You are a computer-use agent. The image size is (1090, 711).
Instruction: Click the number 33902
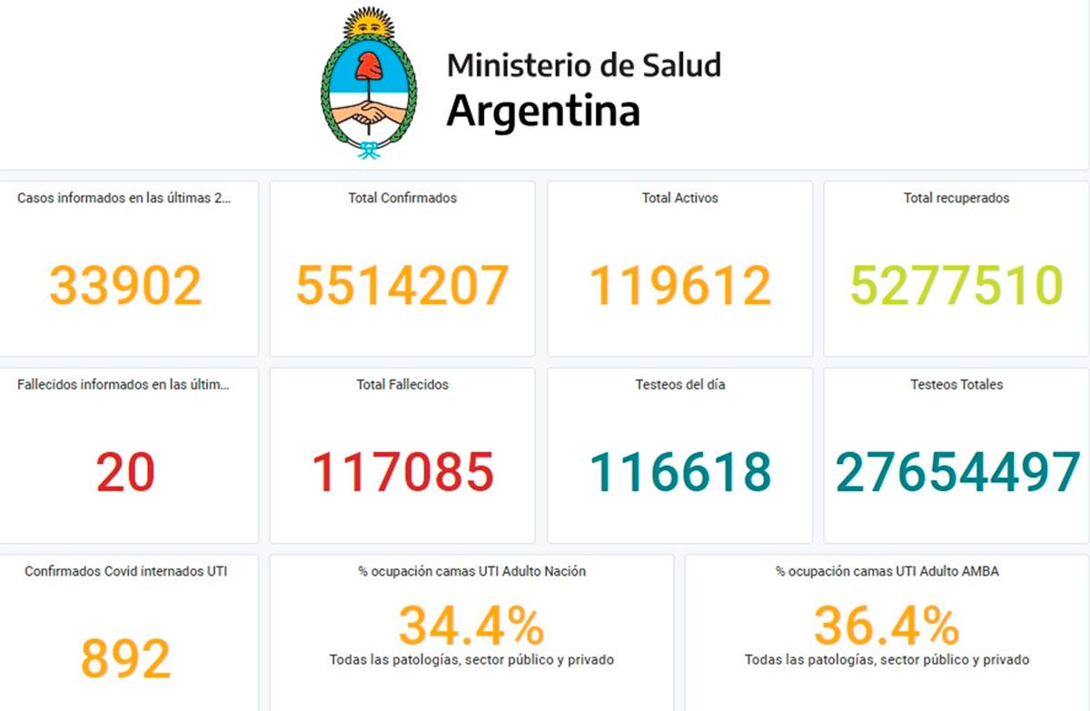[125, 285]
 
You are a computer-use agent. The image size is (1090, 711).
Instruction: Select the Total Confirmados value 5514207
[402, 285]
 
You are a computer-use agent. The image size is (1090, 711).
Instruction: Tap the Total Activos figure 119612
[680, 285]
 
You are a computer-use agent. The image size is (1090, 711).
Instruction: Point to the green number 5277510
[956, 285]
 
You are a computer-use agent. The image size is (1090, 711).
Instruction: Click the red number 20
[125, 472]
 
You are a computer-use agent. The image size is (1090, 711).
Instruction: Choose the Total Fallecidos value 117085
[402, 472]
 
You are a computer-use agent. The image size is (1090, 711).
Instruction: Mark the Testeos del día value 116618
[680, 472]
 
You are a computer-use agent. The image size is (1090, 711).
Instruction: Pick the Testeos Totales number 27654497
[957, 472]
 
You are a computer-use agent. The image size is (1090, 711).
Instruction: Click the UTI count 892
[125, 658]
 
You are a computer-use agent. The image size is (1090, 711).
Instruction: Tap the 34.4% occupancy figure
[471, 626]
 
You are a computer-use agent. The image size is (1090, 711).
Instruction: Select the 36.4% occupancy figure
[887, 626]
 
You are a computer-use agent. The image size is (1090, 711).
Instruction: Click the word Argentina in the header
[543, 111]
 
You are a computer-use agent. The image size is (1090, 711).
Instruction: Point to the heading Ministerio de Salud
[584, 65]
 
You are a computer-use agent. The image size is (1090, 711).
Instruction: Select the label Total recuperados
[956, 198]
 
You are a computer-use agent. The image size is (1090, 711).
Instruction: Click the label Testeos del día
[680, 385]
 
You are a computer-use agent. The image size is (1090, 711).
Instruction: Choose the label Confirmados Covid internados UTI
[125, 571]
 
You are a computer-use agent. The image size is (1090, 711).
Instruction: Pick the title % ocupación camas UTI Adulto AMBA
[887, 571]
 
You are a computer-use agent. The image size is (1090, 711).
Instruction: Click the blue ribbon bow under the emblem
[369, 151]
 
